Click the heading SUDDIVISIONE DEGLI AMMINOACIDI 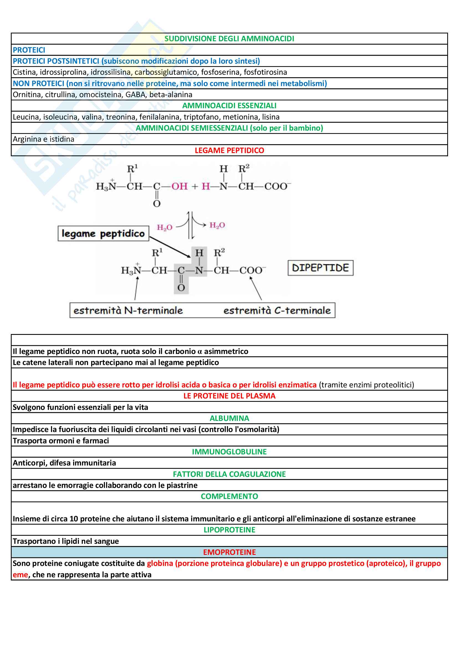(229, 39)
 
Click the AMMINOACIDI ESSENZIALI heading (229, 106)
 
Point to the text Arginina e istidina (44, 139)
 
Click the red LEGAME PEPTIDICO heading (229, 151)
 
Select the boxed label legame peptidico (103, 234)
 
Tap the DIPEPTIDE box (320, 268)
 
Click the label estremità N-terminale (128, 310)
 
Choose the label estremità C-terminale (277, 310)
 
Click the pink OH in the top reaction (180, 186)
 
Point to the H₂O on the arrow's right (217, 225)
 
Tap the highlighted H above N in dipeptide (199, 253)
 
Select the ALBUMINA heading (229, 418)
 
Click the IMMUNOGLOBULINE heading (229, 452)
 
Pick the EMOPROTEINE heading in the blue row (229, 552)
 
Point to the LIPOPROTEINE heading (229, 530)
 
